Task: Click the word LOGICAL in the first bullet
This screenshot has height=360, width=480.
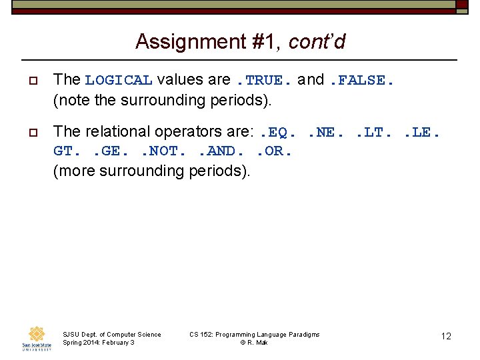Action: click(119, 81)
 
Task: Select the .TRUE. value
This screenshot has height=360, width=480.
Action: click(265, 81)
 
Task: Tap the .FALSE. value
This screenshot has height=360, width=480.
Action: click(362, 81)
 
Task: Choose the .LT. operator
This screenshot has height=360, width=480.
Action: click(373, 133)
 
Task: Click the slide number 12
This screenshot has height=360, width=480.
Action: click(446, 337)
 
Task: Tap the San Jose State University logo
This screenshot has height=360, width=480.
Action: click(37, 338)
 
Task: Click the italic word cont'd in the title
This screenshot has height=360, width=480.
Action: click(317, 42)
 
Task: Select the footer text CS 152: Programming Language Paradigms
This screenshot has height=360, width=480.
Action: click(255, 334)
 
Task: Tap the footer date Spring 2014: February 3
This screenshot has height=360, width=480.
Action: click(98, 343)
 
